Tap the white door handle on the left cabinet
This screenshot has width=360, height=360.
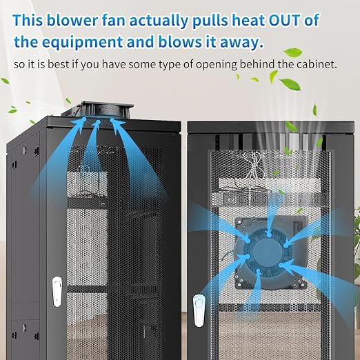click(x=57, y=292)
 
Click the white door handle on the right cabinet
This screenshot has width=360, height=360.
click(x=199, y=311)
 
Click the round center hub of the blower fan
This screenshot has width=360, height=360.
click(x=268, y=251)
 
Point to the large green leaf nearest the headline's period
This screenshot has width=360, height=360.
click(x=292, y=52)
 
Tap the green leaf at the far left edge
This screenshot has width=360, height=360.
click(x=5, y=81)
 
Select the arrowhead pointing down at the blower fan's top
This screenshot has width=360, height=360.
click(x=269, y=232)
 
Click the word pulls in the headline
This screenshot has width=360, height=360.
click(x=210, y=21)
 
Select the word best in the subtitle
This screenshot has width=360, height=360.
click(x=58, y=64)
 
